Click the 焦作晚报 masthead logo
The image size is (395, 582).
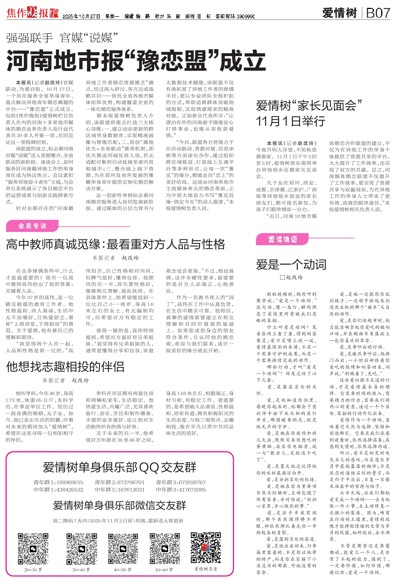click(33, 13)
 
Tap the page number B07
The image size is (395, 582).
click(378, 13)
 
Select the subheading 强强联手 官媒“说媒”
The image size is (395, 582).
click(62, 38)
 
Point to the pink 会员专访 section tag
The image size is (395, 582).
click(32, 226)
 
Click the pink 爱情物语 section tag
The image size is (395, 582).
click(283, 239)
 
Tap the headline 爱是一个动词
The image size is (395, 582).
click(291, 264)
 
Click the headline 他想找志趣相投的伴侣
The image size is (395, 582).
click(65, 367)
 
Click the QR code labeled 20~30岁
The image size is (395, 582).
click(33, 549)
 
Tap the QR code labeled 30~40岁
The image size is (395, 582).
click(82, 549)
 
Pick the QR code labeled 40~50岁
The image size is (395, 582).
click(123, 549)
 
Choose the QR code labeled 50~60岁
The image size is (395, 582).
click(164, 549)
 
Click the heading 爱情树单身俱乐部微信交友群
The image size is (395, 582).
click(119, 505)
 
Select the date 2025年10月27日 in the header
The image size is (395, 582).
click(81, 17)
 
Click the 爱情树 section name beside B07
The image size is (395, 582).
click(339, 13)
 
